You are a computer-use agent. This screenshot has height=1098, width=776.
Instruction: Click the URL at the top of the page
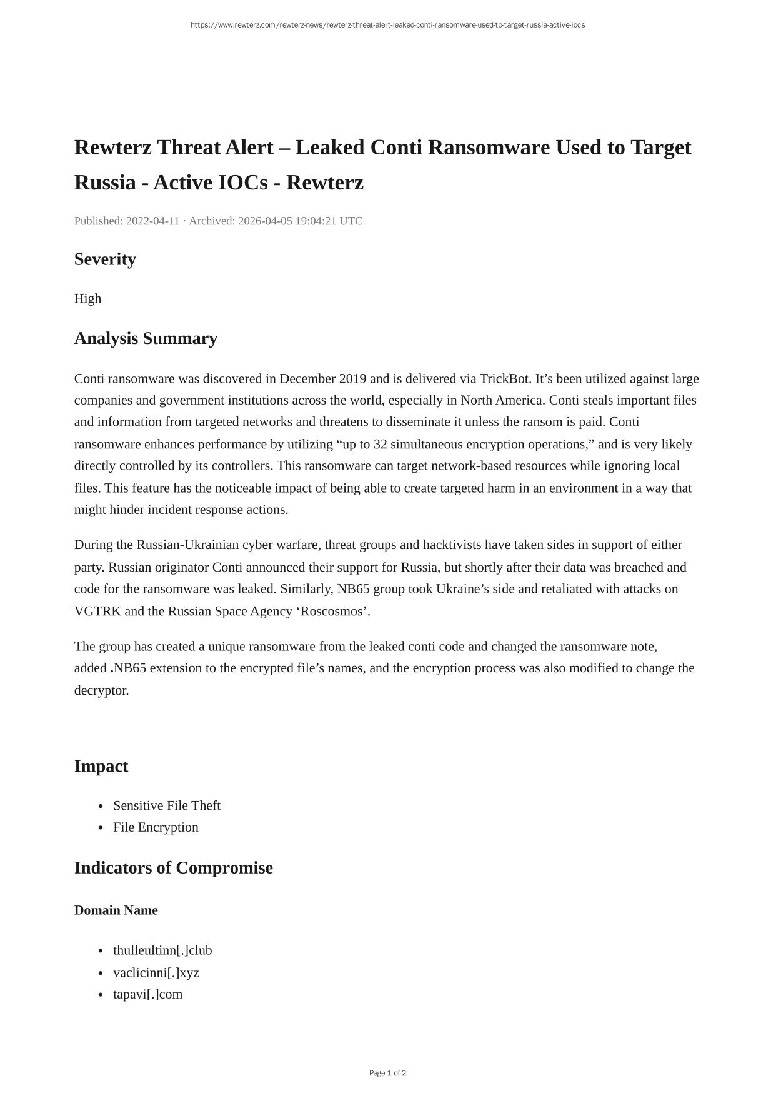point(387,25)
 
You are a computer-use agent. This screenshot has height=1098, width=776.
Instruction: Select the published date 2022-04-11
point(152,221)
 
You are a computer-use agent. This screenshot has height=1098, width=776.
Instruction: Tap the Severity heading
point(105,259)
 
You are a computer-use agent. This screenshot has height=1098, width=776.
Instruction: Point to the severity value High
point(87,299)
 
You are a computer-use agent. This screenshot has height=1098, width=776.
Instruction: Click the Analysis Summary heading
point(146,338)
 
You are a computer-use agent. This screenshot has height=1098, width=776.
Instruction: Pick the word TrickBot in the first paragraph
point(505,379)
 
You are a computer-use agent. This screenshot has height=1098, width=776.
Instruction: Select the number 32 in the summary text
point(381,445)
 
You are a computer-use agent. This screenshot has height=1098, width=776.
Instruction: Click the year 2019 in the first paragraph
point(352,379)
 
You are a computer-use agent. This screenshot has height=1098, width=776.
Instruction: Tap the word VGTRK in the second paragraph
point(97,612)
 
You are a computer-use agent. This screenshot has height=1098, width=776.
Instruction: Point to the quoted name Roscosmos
point(334,612)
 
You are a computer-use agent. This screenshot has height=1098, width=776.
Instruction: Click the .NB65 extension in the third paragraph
point(129,668)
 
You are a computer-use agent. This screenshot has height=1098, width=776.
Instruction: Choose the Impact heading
point(101,767)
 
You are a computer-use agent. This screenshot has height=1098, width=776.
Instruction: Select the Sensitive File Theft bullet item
point(167,806)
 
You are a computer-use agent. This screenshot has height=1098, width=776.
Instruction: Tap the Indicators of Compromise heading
point(174,868)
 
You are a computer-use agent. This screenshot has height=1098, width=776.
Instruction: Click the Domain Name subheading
point(116,910)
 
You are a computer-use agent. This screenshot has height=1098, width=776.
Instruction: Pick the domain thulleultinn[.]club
point(162,950)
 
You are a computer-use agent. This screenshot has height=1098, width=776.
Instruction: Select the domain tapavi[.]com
point(148,994)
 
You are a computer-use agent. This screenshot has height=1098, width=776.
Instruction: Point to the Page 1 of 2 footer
point(387,1073)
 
